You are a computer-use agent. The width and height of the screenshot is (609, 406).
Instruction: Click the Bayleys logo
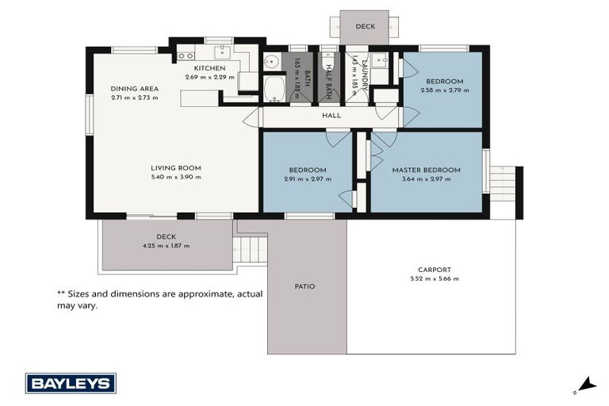point(71,383)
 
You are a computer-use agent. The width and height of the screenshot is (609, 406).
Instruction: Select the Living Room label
point(176,168)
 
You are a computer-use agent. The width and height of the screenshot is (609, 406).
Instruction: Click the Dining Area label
point(134,89)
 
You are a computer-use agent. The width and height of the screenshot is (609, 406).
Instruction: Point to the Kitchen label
point(210,68)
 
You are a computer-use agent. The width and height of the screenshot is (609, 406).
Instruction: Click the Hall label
point(331,116)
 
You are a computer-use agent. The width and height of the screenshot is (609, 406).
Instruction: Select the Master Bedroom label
point(426,170)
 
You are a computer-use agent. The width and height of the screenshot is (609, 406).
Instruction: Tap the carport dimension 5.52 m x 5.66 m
point(435,279)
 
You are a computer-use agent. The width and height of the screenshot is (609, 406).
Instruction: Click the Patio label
point(305,286)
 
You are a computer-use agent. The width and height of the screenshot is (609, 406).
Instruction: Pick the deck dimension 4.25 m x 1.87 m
point(166,246)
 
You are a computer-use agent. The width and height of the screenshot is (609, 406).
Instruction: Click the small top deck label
point(365,26)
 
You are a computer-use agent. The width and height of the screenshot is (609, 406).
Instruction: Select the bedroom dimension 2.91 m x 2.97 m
point(307,179)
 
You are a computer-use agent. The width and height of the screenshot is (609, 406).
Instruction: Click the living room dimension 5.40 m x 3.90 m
point(176,178)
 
